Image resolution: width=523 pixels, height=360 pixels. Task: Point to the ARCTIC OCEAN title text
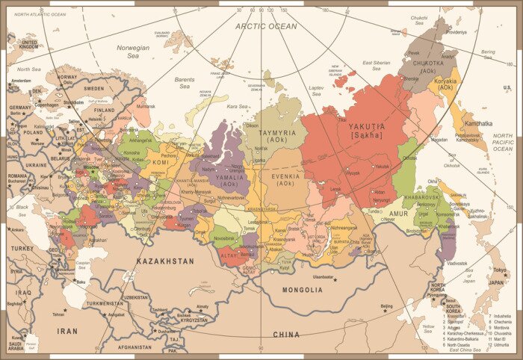pyautogui.click(x=266, y=26)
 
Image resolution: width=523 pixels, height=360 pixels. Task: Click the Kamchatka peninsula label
pyautogui.click(x=478, y=123)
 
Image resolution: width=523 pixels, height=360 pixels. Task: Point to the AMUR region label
pyautogui.click(x=398, y=213)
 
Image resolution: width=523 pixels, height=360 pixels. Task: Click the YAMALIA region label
pyautogui.click(x=229, y=176)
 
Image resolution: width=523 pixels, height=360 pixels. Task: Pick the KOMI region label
pyautogui.click(x=161, y=161)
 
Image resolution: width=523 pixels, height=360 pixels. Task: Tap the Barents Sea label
pyautogui.click(x=185, y=82)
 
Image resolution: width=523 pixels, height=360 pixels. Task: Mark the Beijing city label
pyautogui.click(x=386, y=306)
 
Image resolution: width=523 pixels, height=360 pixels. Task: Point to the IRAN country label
pyautogui.click(x=67, y=330)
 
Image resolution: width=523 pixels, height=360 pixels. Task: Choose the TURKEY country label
pyautogui.click(x=22, y=248)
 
